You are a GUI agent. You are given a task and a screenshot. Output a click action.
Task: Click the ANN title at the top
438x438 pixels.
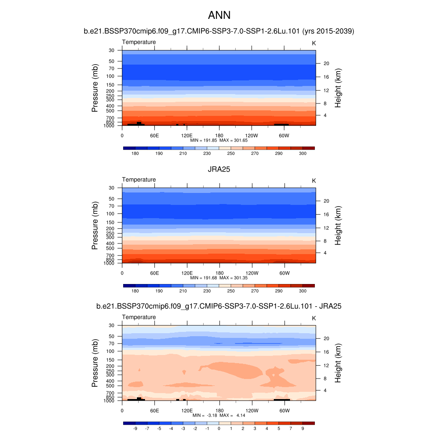click(219, 15)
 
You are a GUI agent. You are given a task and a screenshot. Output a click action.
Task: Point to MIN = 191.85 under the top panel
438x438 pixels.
click(205, 140)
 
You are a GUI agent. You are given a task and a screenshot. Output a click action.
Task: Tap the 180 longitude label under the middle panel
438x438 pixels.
click(219, 273)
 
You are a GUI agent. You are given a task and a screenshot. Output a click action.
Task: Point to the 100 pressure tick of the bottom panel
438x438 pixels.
click(111, 351)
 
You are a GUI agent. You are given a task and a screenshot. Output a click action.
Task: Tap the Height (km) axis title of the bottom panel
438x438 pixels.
click(338, 363)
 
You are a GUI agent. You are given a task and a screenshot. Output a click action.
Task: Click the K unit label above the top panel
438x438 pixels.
click(314, 43)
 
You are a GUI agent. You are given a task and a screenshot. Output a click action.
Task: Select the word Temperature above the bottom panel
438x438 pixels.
click(139, 317)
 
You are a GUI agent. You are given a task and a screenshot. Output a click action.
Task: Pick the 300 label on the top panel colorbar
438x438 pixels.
click(302, 153)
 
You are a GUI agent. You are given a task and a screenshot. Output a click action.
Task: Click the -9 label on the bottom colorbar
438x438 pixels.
click(135, 428)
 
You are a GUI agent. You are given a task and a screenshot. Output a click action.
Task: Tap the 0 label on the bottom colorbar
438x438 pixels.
click(219, 428)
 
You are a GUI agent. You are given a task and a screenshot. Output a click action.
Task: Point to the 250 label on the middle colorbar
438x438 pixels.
click(231, 291)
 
